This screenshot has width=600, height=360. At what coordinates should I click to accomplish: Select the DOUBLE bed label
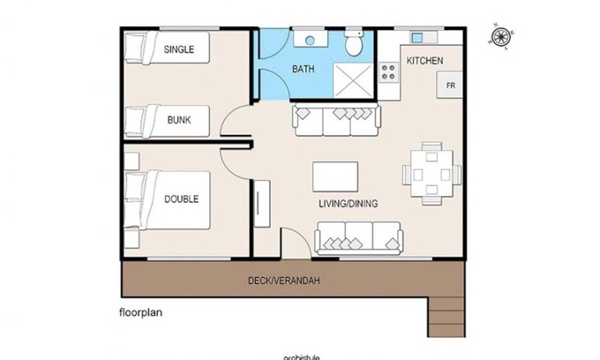pyautogui.click(x=182, y=199)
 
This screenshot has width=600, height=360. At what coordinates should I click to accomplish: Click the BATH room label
pyautogui.click(x=304, y=68)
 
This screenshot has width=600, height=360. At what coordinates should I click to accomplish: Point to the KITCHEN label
pyautogui.click(x=424, y=60)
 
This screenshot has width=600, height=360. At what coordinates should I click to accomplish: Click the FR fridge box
pyautogui.click(x=450, y=85)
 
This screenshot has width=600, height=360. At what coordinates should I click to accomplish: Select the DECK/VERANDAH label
pyautogui.click(x=283, y=281)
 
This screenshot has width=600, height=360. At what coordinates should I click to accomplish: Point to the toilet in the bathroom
pyautogui.click(x=354, y=43)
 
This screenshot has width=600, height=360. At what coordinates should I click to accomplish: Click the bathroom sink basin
pyautogui.click(x=311, y=40)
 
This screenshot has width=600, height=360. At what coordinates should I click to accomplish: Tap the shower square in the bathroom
pyautogui.click(x=354, y=75)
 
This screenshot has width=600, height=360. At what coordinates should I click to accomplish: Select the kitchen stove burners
pyautogui.click(x=387, y=73)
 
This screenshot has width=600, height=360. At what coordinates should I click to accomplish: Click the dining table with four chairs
pyautogui.click(x=431, y=172)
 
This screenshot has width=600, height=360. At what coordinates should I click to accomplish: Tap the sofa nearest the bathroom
pyautogui.click(x=336, y=120)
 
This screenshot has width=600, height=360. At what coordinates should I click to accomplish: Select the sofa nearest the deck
pyautogui.click(x=359, y=236)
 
